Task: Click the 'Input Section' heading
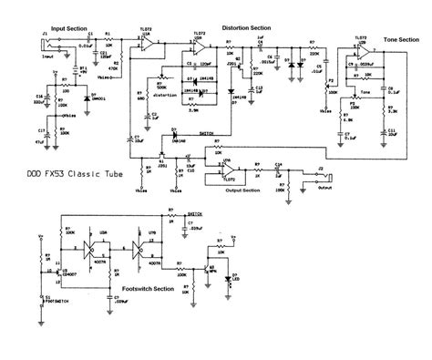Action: [x=68, y=29]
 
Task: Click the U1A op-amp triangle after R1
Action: [x=146, y=43]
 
